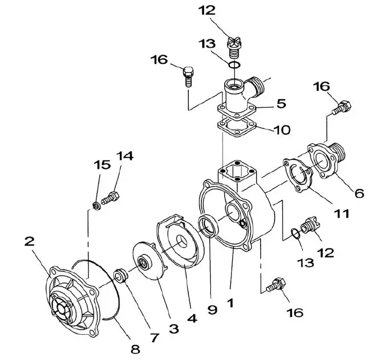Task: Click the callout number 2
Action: point(30,242)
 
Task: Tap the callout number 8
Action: point(135,349)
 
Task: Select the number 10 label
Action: point(282,130)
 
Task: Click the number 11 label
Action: point(342,214)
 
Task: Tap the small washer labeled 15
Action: point(96,204)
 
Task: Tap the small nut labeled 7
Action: point(119,275)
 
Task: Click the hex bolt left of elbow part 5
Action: point(188,75)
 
